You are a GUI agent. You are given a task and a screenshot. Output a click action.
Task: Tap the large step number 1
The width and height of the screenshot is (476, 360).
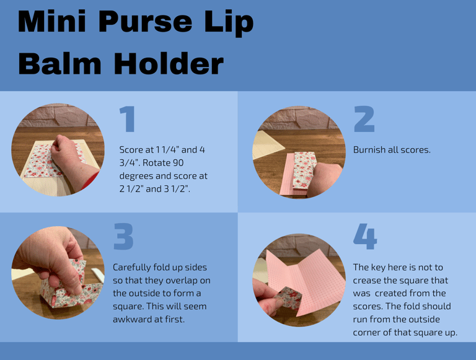click(127, 119)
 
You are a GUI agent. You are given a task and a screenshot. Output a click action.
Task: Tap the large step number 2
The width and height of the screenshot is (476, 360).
click(364, 119)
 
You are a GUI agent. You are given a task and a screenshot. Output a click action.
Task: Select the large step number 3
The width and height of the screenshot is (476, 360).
click(123, 237)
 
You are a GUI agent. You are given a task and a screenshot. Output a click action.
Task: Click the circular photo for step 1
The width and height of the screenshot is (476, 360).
click(58, 150)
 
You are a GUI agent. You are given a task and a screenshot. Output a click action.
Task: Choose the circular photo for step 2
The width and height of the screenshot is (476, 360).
click(299, 152)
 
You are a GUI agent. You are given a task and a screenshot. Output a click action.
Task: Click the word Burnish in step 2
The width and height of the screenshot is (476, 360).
click(370, 150)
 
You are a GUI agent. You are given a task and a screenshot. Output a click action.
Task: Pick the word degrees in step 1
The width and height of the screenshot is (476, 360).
click(138, 176)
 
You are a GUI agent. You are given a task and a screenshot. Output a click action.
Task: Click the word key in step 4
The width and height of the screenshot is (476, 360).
click(380, 267)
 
